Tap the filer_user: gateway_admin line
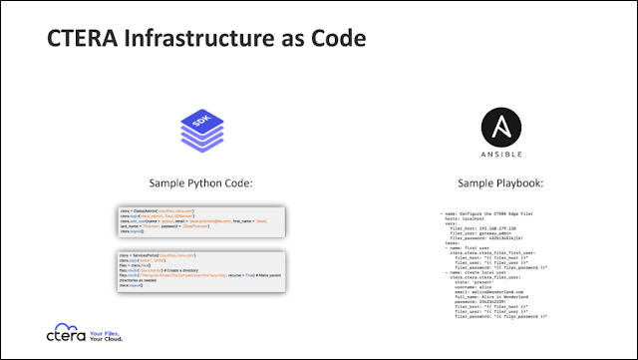click(x=488, y=233)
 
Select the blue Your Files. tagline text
click(x=107, y=332)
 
